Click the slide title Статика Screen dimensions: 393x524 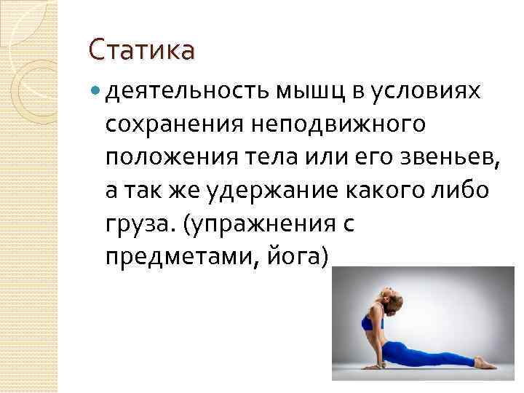point(141,51)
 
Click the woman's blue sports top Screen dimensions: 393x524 point(371,320)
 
